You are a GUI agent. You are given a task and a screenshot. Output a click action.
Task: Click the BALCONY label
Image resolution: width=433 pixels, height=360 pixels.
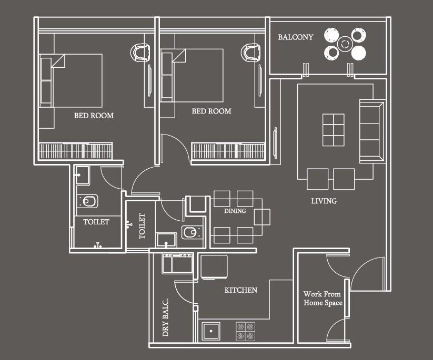[x=296, y=37]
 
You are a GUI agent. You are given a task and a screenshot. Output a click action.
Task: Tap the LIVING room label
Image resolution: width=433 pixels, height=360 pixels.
[x=324, y=201]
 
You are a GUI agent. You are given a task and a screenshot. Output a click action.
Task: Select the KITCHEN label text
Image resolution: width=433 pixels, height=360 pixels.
[x=241, y=290]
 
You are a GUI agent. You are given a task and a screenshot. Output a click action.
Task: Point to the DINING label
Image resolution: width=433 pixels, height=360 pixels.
[x=235, y=211]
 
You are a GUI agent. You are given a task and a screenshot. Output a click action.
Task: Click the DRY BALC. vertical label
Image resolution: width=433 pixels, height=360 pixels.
[x=165, y=317]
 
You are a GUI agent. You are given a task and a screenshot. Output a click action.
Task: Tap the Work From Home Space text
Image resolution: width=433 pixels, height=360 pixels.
[x=323, y=298]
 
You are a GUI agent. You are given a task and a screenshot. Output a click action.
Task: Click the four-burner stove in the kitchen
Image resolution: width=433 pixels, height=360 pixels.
[x=245, y=331]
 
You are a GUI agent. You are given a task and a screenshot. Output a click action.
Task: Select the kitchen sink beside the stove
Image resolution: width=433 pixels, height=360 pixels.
[x=211, y=331]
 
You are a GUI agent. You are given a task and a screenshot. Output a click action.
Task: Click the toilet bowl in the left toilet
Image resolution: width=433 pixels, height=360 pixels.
[x=87, y=201]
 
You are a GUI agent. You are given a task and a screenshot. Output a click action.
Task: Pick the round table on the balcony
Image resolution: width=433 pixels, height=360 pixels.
[x=345, y=44]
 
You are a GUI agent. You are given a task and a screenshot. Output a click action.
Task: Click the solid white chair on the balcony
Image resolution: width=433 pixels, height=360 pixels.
[x=359, y=53]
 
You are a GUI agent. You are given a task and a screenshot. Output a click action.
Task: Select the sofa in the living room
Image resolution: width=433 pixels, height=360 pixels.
[x=372, y=131]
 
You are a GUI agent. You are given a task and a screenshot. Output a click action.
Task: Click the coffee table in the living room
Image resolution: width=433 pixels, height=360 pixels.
[x=334, y=130]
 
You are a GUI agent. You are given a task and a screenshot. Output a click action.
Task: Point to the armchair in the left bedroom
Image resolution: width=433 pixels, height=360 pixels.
[x=140, y=52]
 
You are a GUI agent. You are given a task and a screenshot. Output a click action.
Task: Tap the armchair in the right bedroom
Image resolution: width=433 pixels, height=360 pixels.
[x=251, y=52]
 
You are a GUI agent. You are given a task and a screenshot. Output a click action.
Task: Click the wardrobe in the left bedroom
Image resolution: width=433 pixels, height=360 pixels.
[x=76, y=151]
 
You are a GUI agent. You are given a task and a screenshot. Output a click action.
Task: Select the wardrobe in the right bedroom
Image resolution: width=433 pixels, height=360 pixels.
[x=228, y=151]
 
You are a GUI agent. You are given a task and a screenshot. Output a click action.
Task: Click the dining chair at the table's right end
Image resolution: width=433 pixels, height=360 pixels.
[x=262, y=217]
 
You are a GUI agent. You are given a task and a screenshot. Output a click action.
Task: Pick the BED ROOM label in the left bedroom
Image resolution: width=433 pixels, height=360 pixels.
[x=94, y=115]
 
